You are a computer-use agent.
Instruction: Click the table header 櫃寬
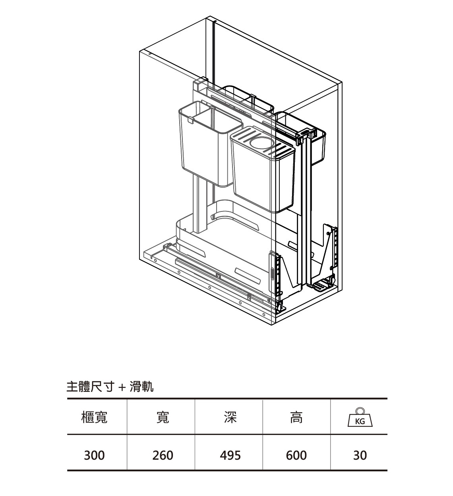[94, 417]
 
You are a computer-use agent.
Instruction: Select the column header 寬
[163, 417]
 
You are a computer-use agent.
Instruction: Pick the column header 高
[296, 417]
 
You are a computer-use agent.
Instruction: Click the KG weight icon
[360, 418]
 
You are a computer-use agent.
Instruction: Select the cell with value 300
[94, 455]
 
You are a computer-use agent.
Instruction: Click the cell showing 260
[163, 455]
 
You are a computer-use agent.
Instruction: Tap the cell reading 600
[296, 455]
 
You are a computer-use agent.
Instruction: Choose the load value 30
[360, 455]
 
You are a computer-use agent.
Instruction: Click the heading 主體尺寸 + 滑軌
[110, 386]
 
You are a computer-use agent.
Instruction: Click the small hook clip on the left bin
[190, 120]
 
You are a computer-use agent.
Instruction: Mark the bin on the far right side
[318, 147]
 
